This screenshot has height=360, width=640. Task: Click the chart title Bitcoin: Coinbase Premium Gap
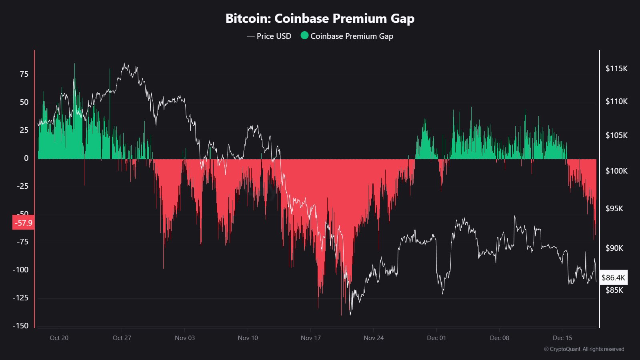pyautogui.click(x=320, y=18)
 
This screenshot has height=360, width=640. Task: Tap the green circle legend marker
pyautogui.click(x=304, y=36)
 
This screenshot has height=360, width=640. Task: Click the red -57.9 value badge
pyautogui.click(x=23, y=223)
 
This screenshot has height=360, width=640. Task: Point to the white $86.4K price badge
pyautogui.click(x=613, y=278)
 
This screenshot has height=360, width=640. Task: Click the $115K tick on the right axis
pyautogui.click(x=616, y=68)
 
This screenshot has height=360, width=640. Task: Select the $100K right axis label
pyautogui.click(x=616, y=171)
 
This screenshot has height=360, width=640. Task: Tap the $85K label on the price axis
pyautogui.click(x=614, y=290)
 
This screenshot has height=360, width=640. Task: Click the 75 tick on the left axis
pyautogui.click(x=24, y=74)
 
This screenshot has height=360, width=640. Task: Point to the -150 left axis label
pyautogui.click(x=20, y=326)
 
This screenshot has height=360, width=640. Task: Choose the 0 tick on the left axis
pyautogui.click(x=26, y=158)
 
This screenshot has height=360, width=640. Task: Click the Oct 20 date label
pyautogui.click(x=59, y=338)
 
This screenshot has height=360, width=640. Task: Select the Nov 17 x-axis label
pyautogui.click(x=311, y=338)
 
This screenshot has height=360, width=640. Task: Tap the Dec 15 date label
pyautogui.click(x=562, y=338)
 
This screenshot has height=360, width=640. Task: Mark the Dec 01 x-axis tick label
pyautogui.click(x=436, y=338)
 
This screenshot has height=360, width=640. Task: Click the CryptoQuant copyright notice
pyautogui.click(x=584, y=349)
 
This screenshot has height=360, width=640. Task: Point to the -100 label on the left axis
pyautogui.click(x=20, y=270)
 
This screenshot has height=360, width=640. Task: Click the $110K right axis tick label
pyautogui.click(x=616, y=101)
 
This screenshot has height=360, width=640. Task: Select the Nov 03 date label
pyautogui.click(x=185, y=338)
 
